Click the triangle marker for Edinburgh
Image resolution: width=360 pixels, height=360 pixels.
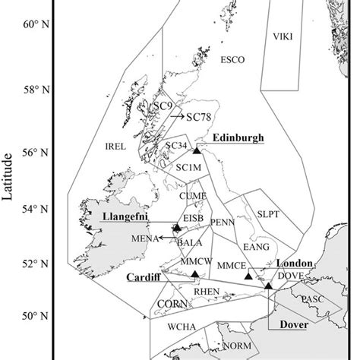[x=197, y=150]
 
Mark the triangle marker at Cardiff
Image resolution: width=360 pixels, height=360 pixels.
[x=195, y=274]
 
